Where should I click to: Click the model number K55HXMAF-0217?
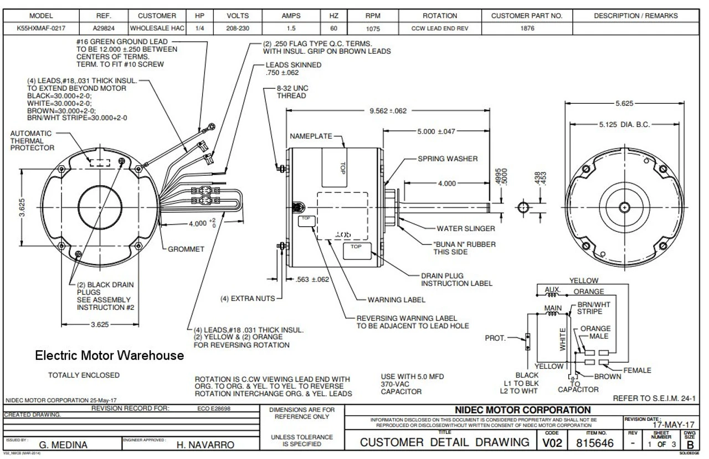coord(41,28)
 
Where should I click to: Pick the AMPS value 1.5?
coord(291,28)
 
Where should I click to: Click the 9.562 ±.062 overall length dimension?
coord(388,111)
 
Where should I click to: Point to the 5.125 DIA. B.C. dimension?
coord(624,125)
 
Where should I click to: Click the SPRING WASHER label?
coord(448,159)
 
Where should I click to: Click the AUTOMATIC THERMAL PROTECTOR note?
coord(32,141)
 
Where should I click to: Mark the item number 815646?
coord(594,443)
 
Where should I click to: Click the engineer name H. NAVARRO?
coord(205,445)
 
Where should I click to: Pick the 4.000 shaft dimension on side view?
coord(446,183)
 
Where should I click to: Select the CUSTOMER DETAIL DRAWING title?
coord(444,442)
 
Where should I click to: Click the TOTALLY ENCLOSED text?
coord(84,375)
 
